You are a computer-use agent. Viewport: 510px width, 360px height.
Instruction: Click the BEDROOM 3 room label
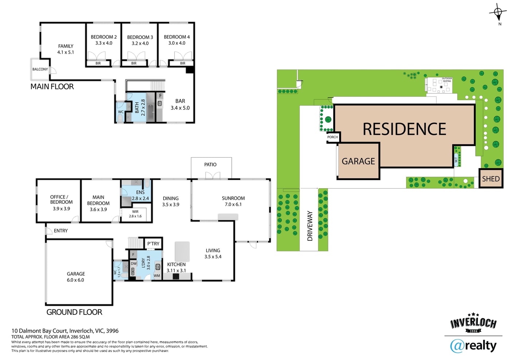point(140,37)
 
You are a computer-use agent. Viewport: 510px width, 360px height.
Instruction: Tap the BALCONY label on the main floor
point(40,69)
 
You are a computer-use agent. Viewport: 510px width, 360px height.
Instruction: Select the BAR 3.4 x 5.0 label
point(180,104)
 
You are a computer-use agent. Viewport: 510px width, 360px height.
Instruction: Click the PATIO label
point(210,165)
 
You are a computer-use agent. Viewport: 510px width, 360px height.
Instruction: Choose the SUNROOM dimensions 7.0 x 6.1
point(233,204)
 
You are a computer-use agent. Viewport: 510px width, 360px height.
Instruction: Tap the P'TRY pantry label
point(153,244)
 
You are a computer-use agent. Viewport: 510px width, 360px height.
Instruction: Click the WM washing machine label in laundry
point(157,276)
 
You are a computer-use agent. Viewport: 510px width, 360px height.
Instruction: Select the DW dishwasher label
point(134,264)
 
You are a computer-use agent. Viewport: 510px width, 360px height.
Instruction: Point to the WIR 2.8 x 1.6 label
point(135,214)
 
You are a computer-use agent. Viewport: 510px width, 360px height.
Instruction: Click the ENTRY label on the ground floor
point(61,231)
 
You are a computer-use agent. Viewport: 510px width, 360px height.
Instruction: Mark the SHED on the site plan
point(491,179)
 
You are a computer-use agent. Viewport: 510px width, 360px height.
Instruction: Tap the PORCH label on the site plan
point(332,137)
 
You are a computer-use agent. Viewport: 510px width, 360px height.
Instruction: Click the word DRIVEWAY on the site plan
point(310,226)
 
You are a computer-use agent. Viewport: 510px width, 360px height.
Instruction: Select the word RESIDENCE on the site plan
point(404,129)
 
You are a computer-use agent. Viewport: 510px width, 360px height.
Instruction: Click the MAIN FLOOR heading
point(52,87)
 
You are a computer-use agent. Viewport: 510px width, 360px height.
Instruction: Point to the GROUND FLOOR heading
point(74,312)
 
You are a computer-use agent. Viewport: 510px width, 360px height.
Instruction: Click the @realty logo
point(473,346)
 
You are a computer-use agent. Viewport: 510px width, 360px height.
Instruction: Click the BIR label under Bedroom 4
point(183,63)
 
